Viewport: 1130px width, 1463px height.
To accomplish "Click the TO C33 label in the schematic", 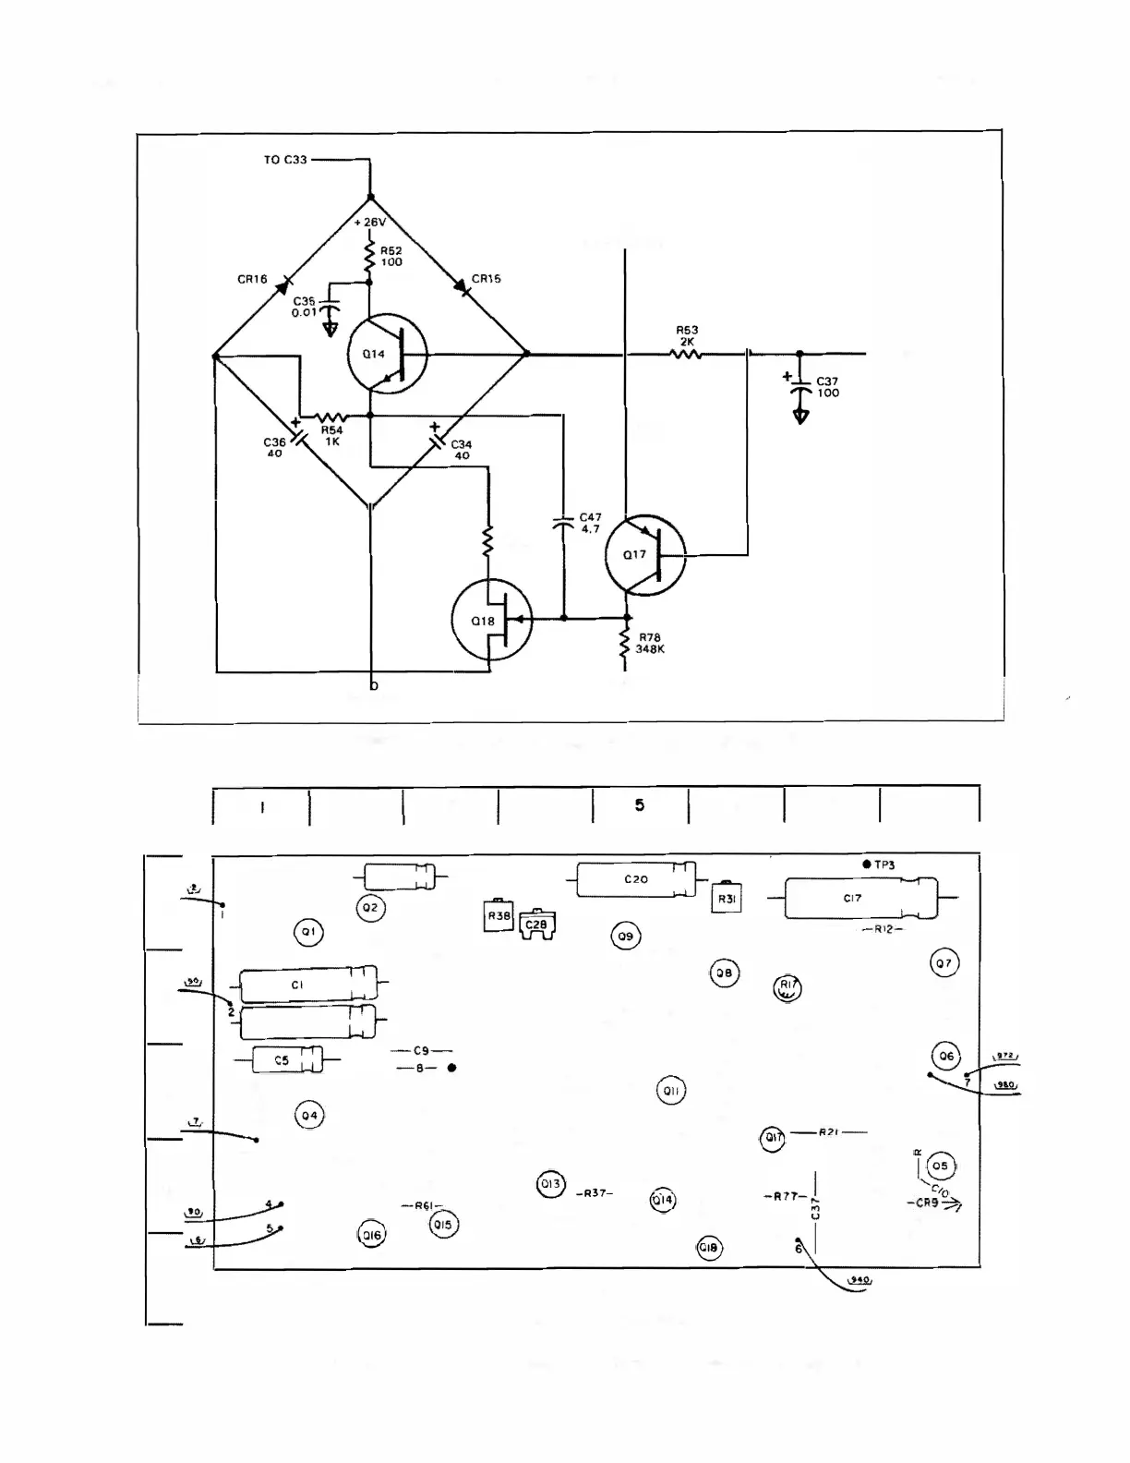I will [x=284, y=160].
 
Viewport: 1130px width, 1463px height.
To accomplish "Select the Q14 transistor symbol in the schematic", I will [x=387, y=355].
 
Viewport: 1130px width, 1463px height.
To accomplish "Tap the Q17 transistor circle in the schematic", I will [x=645, y=555].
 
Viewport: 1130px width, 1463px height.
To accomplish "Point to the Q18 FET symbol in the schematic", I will [x=491, y=621].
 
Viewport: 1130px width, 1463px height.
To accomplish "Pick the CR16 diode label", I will [x=252, y=279].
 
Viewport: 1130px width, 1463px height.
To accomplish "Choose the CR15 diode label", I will [x=487, y=279].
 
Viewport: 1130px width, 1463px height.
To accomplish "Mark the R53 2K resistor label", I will [x=687, y=335].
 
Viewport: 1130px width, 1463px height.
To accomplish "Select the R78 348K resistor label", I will [x=650, y=644].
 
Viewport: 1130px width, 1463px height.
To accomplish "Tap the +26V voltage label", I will [x=369, y=223].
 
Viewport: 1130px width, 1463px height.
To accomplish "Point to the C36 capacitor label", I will [x=274, y=448].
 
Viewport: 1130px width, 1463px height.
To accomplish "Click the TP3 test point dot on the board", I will [x=866, y=864].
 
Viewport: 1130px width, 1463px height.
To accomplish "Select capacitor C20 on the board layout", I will [x=636, y=879].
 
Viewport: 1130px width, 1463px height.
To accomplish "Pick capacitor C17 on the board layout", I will [x=852, y=898].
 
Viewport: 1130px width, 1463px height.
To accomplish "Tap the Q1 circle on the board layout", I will [x=308, y=932].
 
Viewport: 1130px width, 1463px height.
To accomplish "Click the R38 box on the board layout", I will [x=499, y=915].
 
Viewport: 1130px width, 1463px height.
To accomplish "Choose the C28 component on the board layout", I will [x=536, y=925].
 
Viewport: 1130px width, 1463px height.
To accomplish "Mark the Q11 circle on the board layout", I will [x=671, y=1091].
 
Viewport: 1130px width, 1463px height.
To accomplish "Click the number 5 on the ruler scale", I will [x=640, y=805].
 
